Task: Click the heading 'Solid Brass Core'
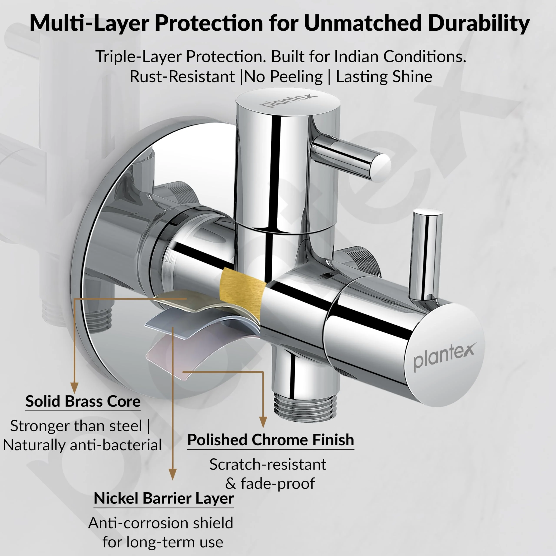[83, 401]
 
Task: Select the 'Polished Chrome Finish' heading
[271, 440]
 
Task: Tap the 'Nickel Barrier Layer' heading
[164, 498]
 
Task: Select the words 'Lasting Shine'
[384, 77]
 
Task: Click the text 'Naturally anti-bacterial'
[82, 445]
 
